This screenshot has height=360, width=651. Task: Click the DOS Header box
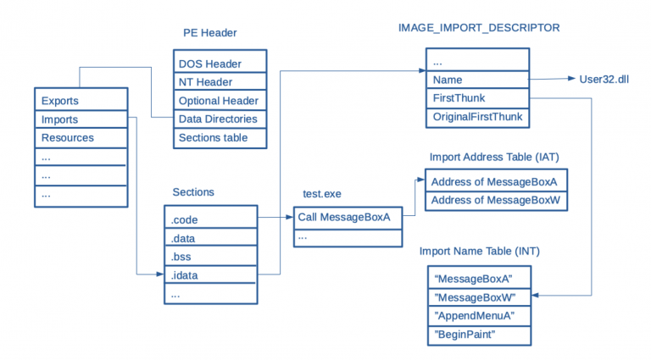coord(220,64)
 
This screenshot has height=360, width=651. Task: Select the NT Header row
coord(220,82)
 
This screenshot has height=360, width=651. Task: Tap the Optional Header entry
coord(220,101)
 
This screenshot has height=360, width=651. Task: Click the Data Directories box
coord(220,119)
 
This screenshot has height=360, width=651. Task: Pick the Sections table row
coord(220,138)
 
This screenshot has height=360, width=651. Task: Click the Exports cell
coord(81,101)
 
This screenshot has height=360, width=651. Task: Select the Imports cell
coord(81,119)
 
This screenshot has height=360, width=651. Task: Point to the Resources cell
coord(81,137)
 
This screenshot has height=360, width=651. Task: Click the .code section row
coord(209,219)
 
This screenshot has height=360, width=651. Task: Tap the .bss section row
coord(209,257)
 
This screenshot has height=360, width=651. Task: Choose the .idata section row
coord(209,275)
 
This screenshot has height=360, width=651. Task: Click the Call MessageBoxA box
coord(348,218)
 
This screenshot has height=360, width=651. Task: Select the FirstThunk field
coord(478,98)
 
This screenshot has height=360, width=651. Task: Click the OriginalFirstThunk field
coord(478,117)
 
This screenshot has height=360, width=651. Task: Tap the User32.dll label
coord(604,80)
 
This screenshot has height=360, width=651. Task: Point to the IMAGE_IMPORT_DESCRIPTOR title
coord(478,28)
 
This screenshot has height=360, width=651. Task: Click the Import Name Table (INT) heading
coord(480,252)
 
